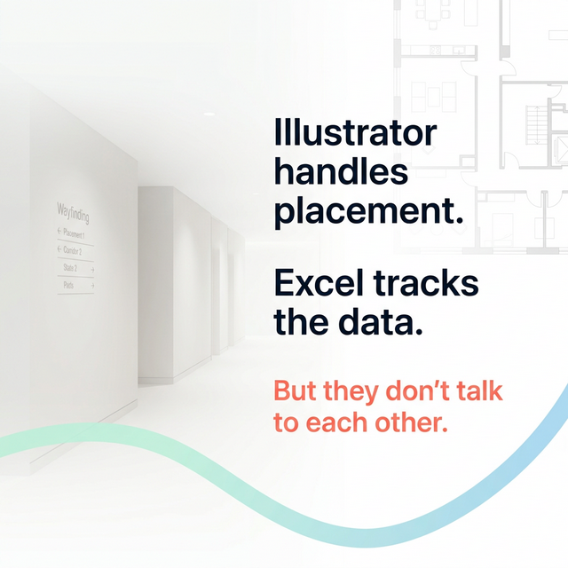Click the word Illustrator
pos(355,133)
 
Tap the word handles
pos(341,172)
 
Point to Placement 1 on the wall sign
pos(74,234)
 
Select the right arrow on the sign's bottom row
pos(91,286)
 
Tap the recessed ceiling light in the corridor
pos(209,114)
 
